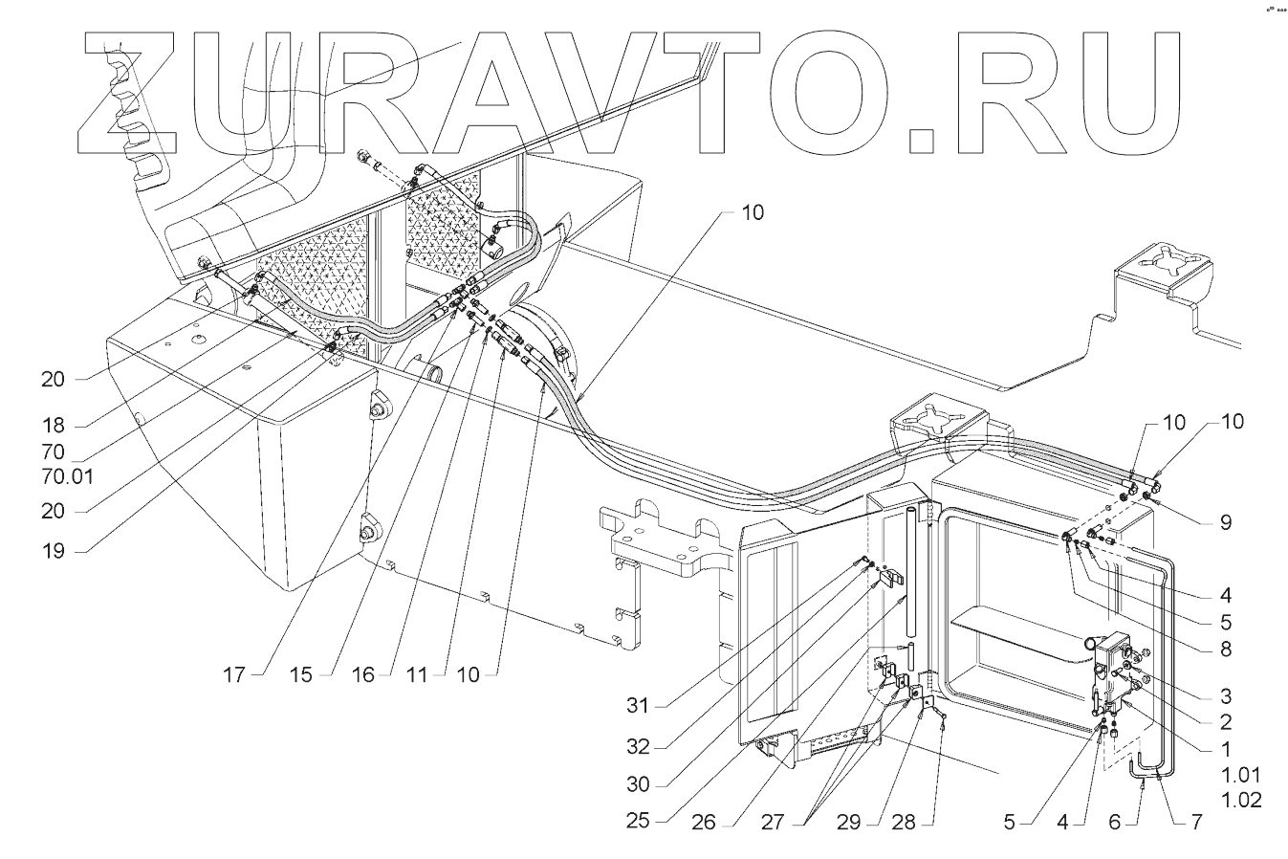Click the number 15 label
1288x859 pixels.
pyautogui.click(x=301, y=674)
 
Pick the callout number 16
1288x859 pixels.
pyautogui.click(x=361, y=674)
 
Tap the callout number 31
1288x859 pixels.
pyautogui.click(x=638, y=707)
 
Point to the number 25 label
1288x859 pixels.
pyautogui.click(x=638, y=822)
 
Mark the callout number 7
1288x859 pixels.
pyautogui.click(x=1196, y=822)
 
